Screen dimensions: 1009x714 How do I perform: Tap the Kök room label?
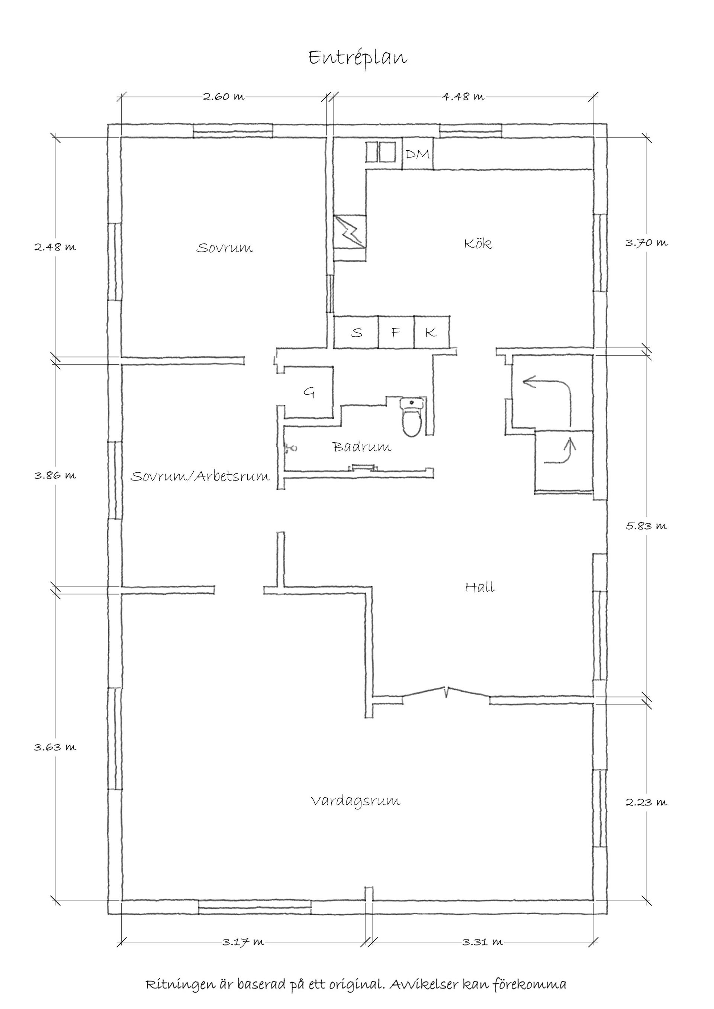pos(478,243)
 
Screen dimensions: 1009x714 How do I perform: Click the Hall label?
pos(480,587)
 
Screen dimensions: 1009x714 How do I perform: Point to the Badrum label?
pos(362,447)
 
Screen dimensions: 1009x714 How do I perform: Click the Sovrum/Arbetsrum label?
pos(200,476)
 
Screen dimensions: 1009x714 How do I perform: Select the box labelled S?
pos(356,333)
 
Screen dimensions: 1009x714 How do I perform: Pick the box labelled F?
pos(396,333)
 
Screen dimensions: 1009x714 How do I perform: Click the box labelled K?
pos(431,333)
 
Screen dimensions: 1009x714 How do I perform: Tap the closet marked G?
pos(309,392)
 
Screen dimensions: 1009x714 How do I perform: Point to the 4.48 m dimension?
pos(463,97)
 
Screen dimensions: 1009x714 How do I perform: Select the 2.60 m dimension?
pos(224,97)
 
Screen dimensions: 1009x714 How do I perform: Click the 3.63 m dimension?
pos(55,747)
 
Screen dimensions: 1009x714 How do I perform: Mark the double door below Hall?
pos(446,693)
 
